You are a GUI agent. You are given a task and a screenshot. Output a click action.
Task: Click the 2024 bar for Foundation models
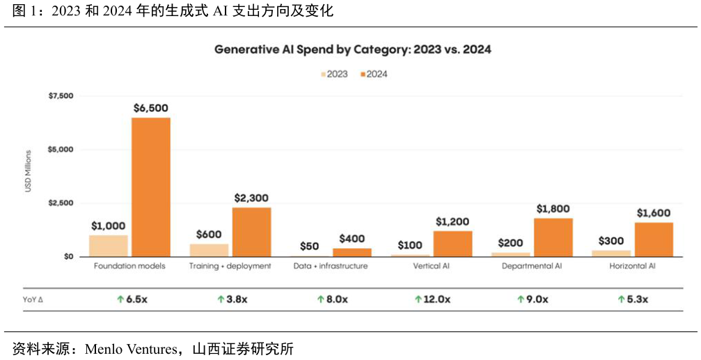pos(151,187)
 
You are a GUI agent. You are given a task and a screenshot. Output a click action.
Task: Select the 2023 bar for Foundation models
pos(108,246)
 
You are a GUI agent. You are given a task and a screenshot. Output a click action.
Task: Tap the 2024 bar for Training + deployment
pos(251,232)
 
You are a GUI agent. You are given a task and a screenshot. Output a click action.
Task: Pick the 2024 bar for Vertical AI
pos(452,244)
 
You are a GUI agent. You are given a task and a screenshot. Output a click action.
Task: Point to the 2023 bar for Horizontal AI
pos(611,253)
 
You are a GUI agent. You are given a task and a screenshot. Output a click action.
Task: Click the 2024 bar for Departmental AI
pos(553,237)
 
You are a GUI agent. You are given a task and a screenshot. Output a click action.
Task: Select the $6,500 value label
pos(150,109)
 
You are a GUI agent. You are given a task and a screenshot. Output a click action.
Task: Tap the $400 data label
pos(352,239)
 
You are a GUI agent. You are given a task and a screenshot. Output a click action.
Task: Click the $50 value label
pos(310,246)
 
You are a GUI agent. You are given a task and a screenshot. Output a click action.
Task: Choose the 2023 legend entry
pos(334,75)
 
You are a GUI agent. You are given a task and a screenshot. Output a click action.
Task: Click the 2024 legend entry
pos(373,75)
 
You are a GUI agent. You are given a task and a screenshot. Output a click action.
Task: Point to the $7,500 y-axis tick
pos(60,96)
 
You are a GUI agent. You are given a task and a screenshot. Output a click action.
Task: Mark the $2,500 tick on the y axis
pos(60,203)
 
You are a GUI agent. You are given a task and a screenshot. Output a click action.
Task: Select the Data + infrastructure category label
pos(330,266)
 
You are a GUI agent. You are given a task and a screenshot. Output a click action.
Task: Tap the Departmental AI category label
pos(533,266)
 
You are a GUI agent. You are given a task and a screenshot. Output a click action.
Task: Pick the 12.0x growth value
pos(432,299)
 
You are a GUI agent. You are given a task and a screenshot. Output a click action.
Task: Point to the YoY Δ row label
pos(33,299)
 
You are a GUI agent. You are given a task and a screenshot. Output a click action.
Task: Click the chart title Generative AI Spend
pos(353,50)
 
